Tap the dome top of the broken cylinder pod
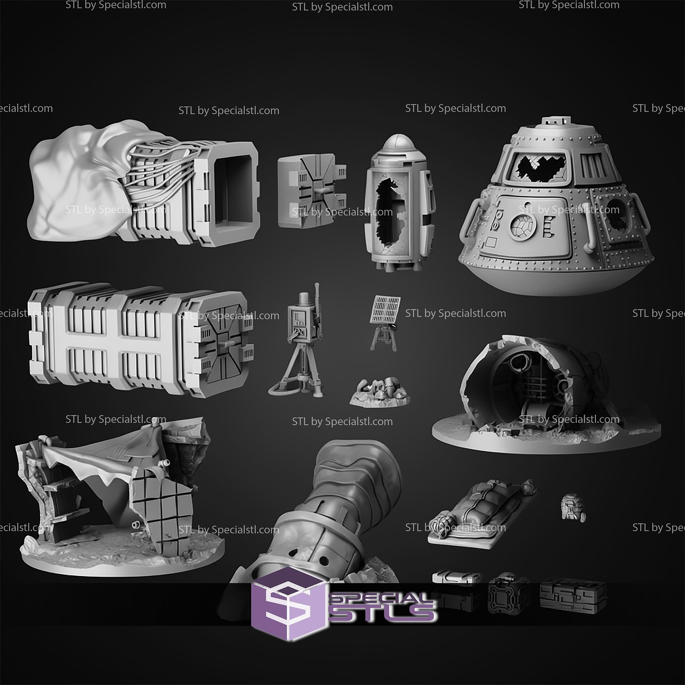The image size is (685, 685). (x=395, y=145)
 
